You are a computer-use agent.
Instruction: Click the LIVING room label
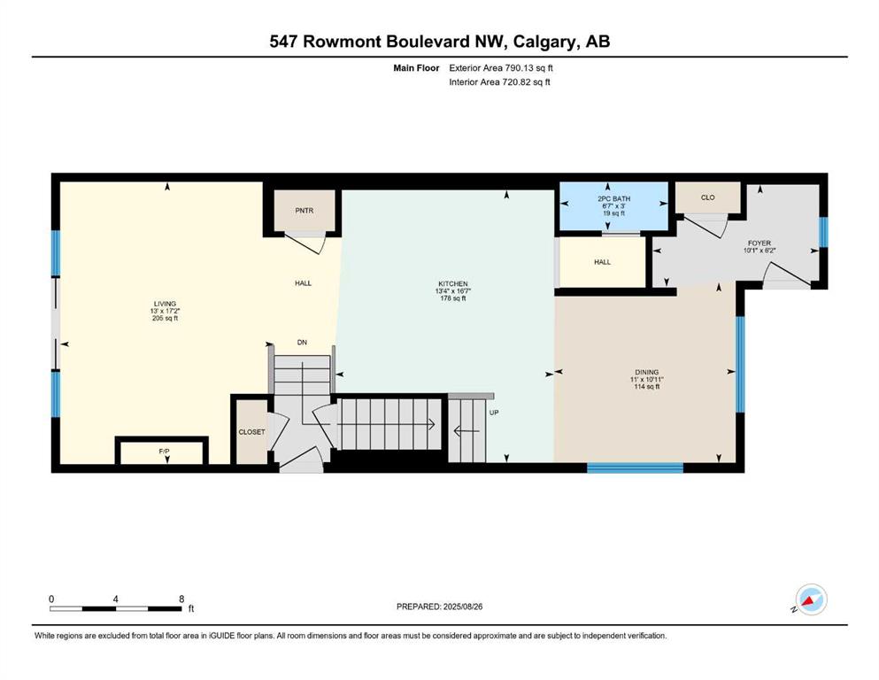tap(165, 304)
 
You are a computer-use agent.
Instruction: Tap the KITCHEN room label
tap(453, 283)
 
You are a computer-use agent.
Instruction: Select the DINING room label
tap(647, 372)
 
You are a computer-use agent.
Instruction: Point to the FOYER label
tap(759, 243)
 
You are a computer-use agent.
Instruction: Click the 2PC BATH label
tap(613, 198)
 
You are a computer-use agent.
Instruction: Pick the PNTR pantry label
tap(305, 211)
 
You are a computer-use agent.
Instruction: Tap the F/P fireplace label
tap(165, 452)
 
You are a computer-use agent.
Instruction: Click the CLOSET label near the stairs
tap(251, 432)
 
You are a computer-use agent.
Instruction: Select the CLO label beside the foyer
tap(708, 197)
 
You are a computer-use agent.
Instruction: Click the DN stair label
tap(302, 342)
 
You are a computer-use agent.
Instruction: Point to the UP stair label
tap(494, 413)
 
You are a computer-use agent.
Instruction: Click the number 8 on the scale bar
tap(181, 599)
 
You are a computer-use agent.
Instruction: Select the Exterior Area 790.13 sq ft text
tap(501, 68)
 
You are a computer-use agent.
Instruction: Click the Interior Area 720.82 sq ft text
tap(499, 81)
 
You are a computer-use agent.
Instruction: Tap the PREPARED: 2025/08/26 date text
tap(439, 607)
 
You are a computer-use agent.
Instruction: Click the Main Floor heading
tap(416, 68)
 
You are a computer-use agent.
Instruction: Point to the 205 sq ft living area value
tap(165, 319)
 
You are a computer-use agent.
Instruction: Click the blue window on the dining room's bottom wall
tap(636, 468)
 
